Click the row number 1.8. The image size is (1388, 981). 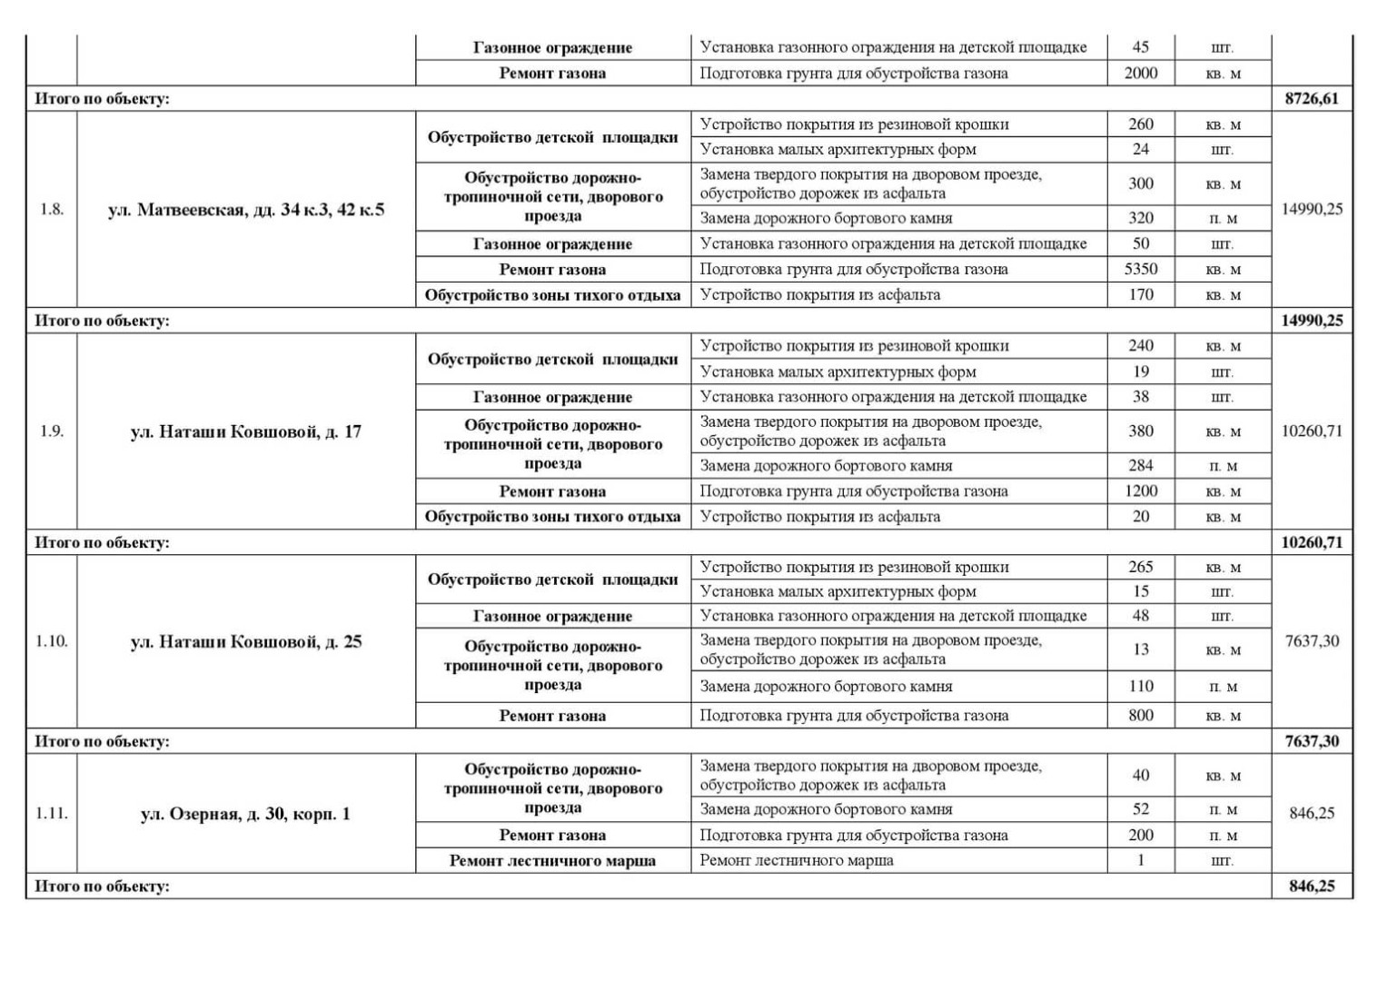point(52,210)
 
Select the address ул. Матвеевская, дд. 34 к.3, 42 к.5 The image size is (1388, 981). point(246,210)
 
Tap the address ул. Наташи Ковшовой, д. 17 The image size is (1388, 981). point(246,431)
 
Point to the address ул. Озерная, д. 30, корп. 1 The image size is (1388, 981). point(245,814)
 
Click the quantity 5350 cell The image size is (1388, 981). point(1140,269)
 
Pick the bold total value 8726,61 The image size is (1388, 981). point(1312,99)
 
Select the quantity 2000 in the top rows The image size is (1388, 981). point(1140,73)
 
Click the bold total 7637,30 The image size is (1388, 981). point(1312,741)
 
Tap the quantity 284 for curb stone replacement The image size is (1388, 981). point(1140,465)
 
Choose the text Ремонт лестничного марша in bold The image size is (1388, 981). point(552,860)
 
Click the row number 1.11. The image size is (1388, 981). point(52,814)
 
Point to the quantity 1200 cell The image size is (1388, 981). point(1140,490)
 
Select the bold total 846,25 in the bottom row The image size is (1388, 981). point(1312,886)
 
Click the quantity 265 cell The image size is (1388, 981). point(1140,567)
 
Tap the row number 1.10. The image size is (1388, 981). point(52,641)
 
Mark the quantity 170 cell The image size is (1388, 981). point(1140,294)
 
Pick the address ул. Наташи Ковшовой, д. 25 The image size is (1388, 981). point(246,641)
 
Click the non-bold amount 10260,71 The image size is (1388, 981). point(1312,431)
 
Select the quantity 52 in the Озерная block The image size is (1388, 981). point(1140,808)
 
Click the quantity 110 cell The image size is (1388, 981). point(1140,687)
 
